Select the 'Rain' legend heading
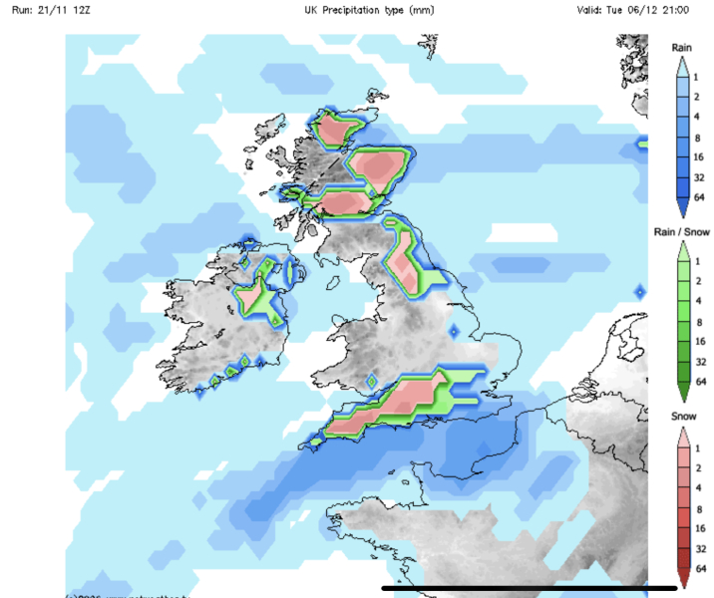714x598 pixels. click(682, 47)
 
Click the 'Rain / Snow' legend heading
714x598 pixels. click(682, 232)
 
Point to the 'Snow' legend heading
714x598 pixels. click(682, 418)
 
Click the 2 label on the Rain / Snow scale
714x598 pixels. click(699, 284)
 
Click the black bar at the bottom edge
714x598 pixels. click(515, 587)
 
